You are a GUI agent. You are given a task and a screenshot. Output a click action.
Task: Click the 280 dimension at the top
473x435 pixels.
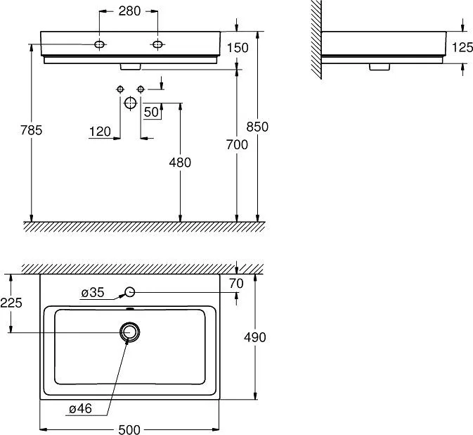[x=129, y=11]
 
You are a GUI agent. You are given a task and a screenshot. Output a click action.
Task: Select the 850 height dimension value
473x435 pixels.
[x=257, y=127]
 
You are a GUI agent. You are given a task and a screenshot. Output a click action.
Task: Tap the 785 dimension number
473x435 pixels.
[x=32, y=130]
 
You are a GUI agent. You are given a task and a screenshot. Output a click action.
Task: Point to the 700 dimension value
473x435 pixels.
[x=237, y=145]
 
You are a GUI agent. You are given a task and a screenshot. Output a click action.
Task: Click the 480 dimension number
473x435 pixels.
[x=180, y=163]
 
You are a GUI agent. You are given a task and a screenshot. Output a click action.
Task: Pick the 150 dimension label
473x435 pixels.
[x=238, y=48]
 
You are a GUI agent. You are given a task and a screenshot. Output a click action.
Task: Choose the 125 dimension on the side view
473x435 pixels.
[x=462, y=47]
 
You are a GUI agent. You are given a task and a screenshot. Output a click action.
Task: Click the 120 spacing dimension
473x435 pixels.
[x=100, y=132]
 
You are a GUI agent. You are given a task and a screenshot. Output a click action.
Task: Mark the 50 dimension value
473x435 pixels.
[x=151, y=112]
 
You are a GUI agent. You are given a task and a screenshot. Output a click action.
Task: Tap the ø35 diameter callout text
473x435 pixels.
[x=93, y=292]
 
